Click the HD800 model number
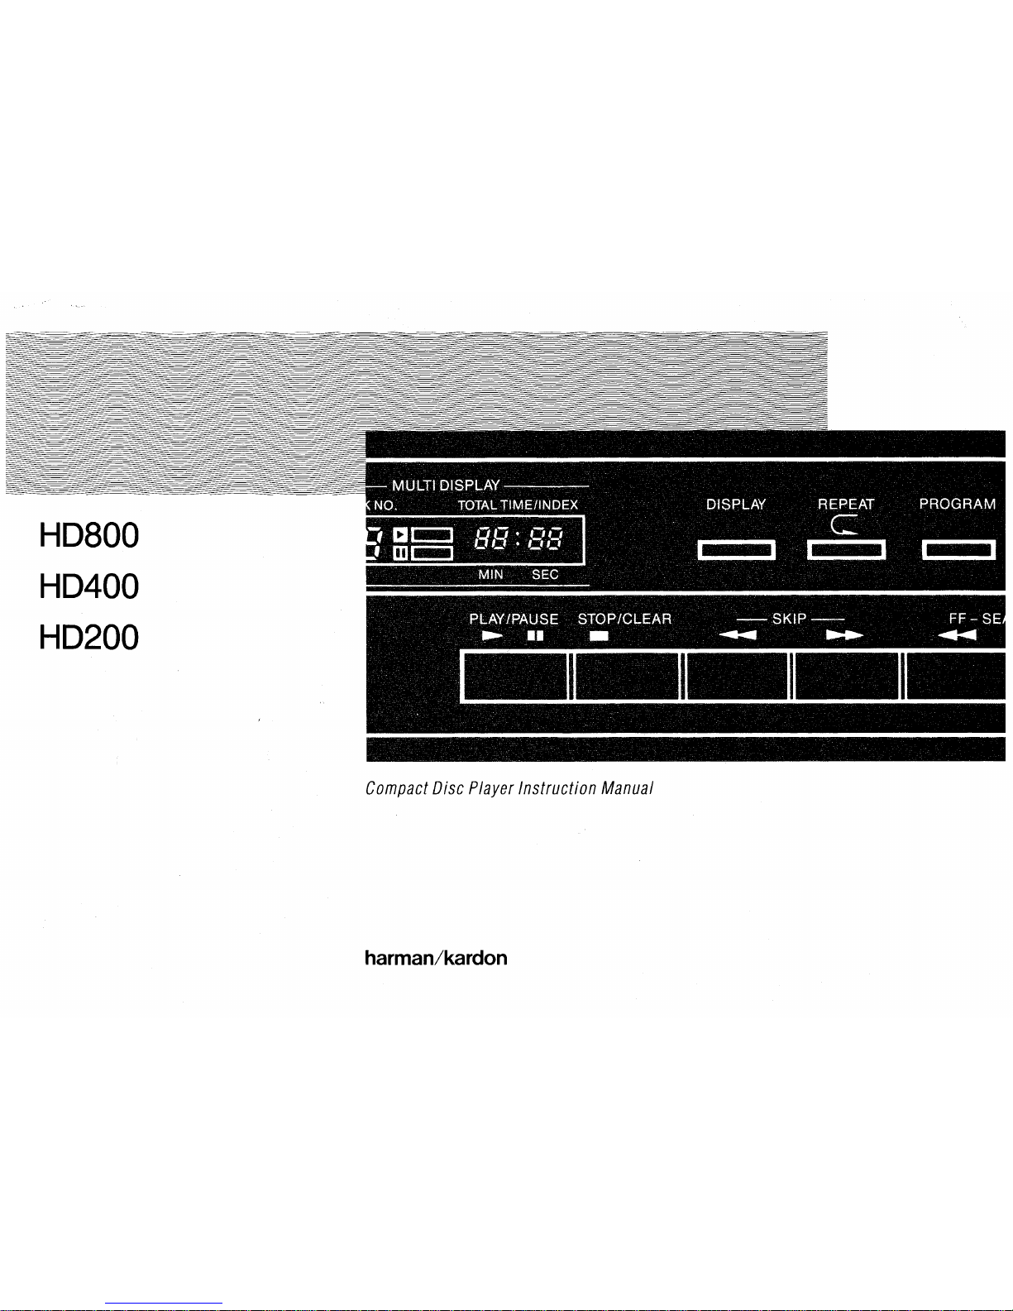coord(88,536)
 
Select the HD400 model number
coord(88,587)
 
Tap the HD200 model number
coord(88,638)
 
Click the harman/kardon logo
coord(436,958)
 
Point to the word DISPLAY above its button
coord(736,505)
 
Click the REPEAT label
coord(845,505)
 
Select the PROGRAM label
coord(958,505)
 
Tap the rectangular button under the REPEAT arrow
coord(846,550)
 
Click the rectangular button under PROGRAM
coord(958,550)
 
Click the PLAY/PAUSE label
coord(514,619)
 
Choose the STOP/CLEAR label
coord(624,619)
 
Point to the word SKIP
coord(789,619)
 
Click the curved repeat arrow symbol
coord(845,525)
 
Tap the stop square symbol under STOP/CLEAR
coord(599,636)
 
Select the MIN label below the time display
coord(490,575)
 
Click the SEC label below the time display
coord(545,575)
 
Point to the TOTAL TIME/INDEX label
coord(518,505)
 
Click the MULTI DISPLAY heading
coord(446,486)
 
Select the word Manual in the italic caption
coord(628,788)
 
